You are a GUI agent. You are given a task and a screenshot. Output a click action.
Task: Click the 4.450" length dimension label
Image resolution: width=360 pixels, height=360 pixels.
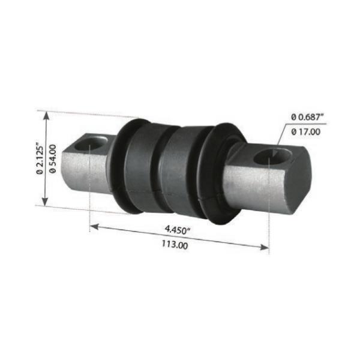pyautogui.click(x=178, y=230)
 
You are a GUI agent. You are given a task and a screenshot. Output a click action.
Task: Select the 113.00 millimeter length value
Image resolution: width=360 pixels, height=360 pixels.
pyautogui.click(x=175, y=244)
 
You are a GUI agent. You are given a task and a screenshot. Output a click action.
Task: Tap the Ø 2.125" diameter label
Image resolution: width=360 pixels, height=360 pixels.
pyautogui.click(x=40, y=158)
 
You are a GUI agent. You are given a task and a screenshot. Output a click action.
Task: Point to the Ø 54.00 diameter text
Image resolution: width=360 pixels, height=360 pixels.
pyautogui.click(x=53, y=158)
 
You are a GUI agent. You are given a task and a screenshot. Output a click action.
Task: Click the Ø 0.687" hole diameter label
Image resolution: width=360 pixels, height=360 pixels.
pyautogui.click(x=307, y=117)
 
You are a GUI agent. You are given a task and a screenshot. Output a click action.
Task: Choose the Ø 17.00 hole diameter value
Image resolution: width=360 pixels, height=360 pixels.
pyautogui.click(x=306, y=132)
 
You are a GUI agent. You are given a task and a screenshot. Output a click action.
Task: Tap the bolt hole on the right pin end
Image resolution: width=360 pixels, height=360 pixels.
pyautogui.click(x=272, y=157)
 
